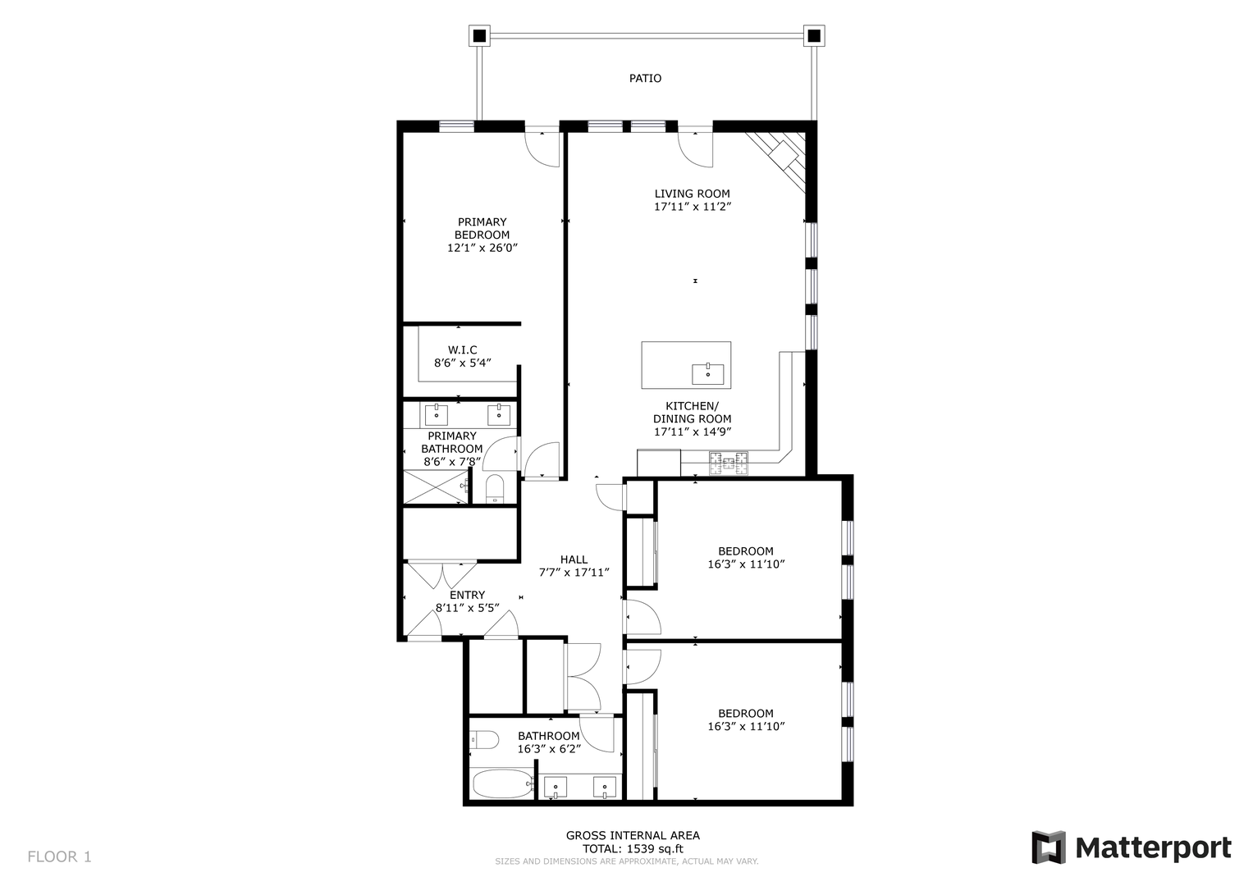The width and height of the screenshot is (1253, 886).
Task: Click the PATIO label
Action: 645,78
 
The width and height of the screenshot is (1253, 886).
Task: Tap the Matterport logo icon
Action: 1048,847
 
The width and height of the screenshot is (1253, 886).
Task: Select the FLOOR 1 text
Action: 59,856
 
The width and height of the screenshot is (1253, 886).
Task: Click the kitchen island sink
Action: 707,373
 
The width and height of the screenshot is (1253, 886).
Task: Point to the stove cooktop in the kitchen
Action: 729,464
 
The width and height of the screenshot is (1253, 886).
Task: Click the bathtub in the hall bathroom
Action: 503,783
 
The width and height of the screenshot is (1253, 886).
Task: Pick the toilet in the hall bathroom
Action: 484,740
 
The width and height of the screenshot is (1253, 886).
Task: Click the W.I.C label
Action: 463,350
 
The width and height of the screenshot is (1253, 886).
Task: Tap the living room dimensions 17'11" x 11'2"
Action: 693,207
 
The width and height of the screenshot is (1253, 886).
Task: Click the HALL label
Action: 574,559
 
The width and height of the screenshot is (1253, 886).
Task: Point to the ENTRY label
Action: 467,595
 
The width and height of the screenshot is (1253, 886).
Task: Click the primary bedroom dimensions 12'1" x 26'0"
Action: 482,248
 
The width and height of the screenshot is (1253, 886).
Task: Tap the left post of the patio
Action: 479,36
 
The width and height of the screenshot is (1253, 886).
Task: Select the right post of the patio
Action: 814,36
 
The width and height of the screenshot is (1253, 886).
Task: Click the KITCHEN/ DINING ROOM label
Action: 693,412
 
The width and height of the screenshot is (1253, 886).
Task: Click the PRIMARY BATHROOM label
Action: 452,442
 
